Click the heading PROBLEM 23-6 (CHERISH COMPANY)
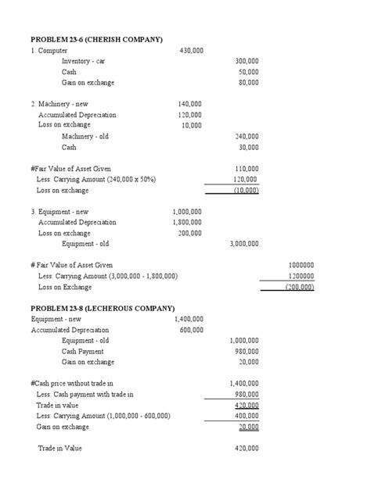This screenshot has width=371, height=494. click(x=96, y=38)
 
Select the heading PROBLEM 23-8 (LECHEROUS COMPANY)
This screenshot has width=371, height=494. click(x=103, y=308)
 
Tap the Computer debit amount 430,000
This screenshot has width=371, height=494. click(x=191, y=50)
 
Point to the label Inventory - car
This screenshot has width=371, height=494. click(x=83, y=61)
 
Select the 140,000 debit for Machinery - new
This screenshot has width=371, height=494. click(x=189, y=103)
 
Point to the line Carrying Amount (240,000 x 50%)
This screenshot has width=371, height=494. click(x=95, y=179)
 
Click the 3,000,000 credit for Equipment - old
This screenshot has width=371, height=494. click(x=244, y=243)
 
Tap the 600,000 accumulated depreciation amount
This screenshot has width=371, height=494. click(x=191, y=330)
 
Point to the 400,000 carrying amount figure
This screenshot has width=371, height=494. click(x=247, y=417)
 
